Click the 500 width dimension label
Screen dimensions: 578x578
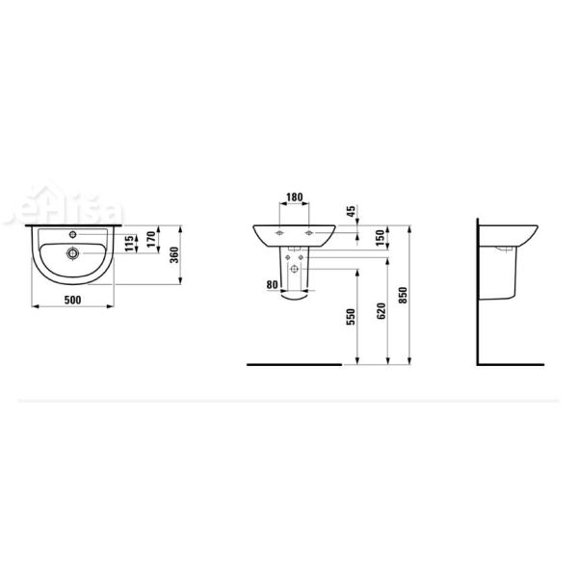[x=73, y=300]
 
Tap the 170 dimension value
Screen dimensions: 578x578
[x=150, y=239]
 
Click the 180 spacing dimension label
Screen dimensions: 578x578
[x=295, y=197]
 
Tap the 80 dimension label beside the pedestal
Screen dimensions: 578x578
[x=272, y=284]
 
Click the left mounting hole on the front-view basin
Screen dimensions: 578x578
[x=279, y=234]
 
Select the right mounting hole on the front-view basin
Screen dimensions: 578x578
[x=309, y=234]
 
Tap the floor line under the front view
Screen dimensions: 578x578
[x=294, y=366]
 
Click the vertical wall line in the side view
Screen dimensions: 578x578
[x=479, y=289]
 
